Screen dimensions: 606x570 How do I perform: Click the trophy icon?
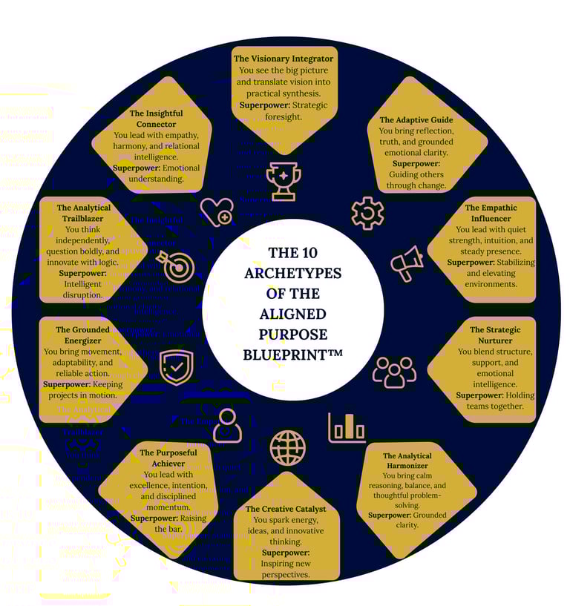coord(284,181)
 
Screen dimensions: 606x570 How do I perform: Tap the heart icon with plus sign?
coord(217,211)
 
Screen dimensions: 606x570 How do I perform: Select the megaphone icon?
coord(406,263)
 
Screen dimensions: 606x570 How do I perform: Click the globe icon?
coord(288,448)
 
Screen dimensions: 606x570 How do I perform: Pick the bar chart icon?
coord(347,428)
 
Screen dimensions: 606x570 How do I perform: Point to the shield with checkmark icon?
coord(176,367)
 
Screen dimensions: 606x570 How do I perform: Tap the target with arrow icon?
coord(176,266)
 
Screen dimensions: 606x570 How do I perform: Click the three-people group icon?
coord(394,372)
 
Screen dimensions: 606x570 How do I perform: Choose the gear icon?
coord(367,213)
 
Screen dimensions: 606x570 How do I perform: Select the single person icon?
coord(227,425)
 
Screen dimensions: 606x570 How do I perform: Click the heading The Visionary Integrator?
coord(284,58)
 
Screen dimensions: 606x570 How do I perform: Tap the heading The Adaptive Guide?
coord(416,119)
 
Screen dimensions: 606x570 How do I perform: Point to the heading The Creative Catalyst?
coord(286,509)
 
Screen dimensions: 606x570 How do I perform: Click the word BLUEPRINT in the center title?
coord(285,355)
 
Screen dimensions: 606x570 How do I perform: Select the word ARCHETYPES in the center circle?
coord(292,274)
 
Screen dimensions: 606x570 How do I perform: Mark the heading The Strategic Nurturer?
coord(495,329)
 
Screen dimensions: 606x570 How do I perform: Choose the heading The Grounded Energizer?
coord(83,329)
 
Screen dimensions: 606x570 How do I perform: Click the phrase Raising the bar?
coord(169,524)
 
